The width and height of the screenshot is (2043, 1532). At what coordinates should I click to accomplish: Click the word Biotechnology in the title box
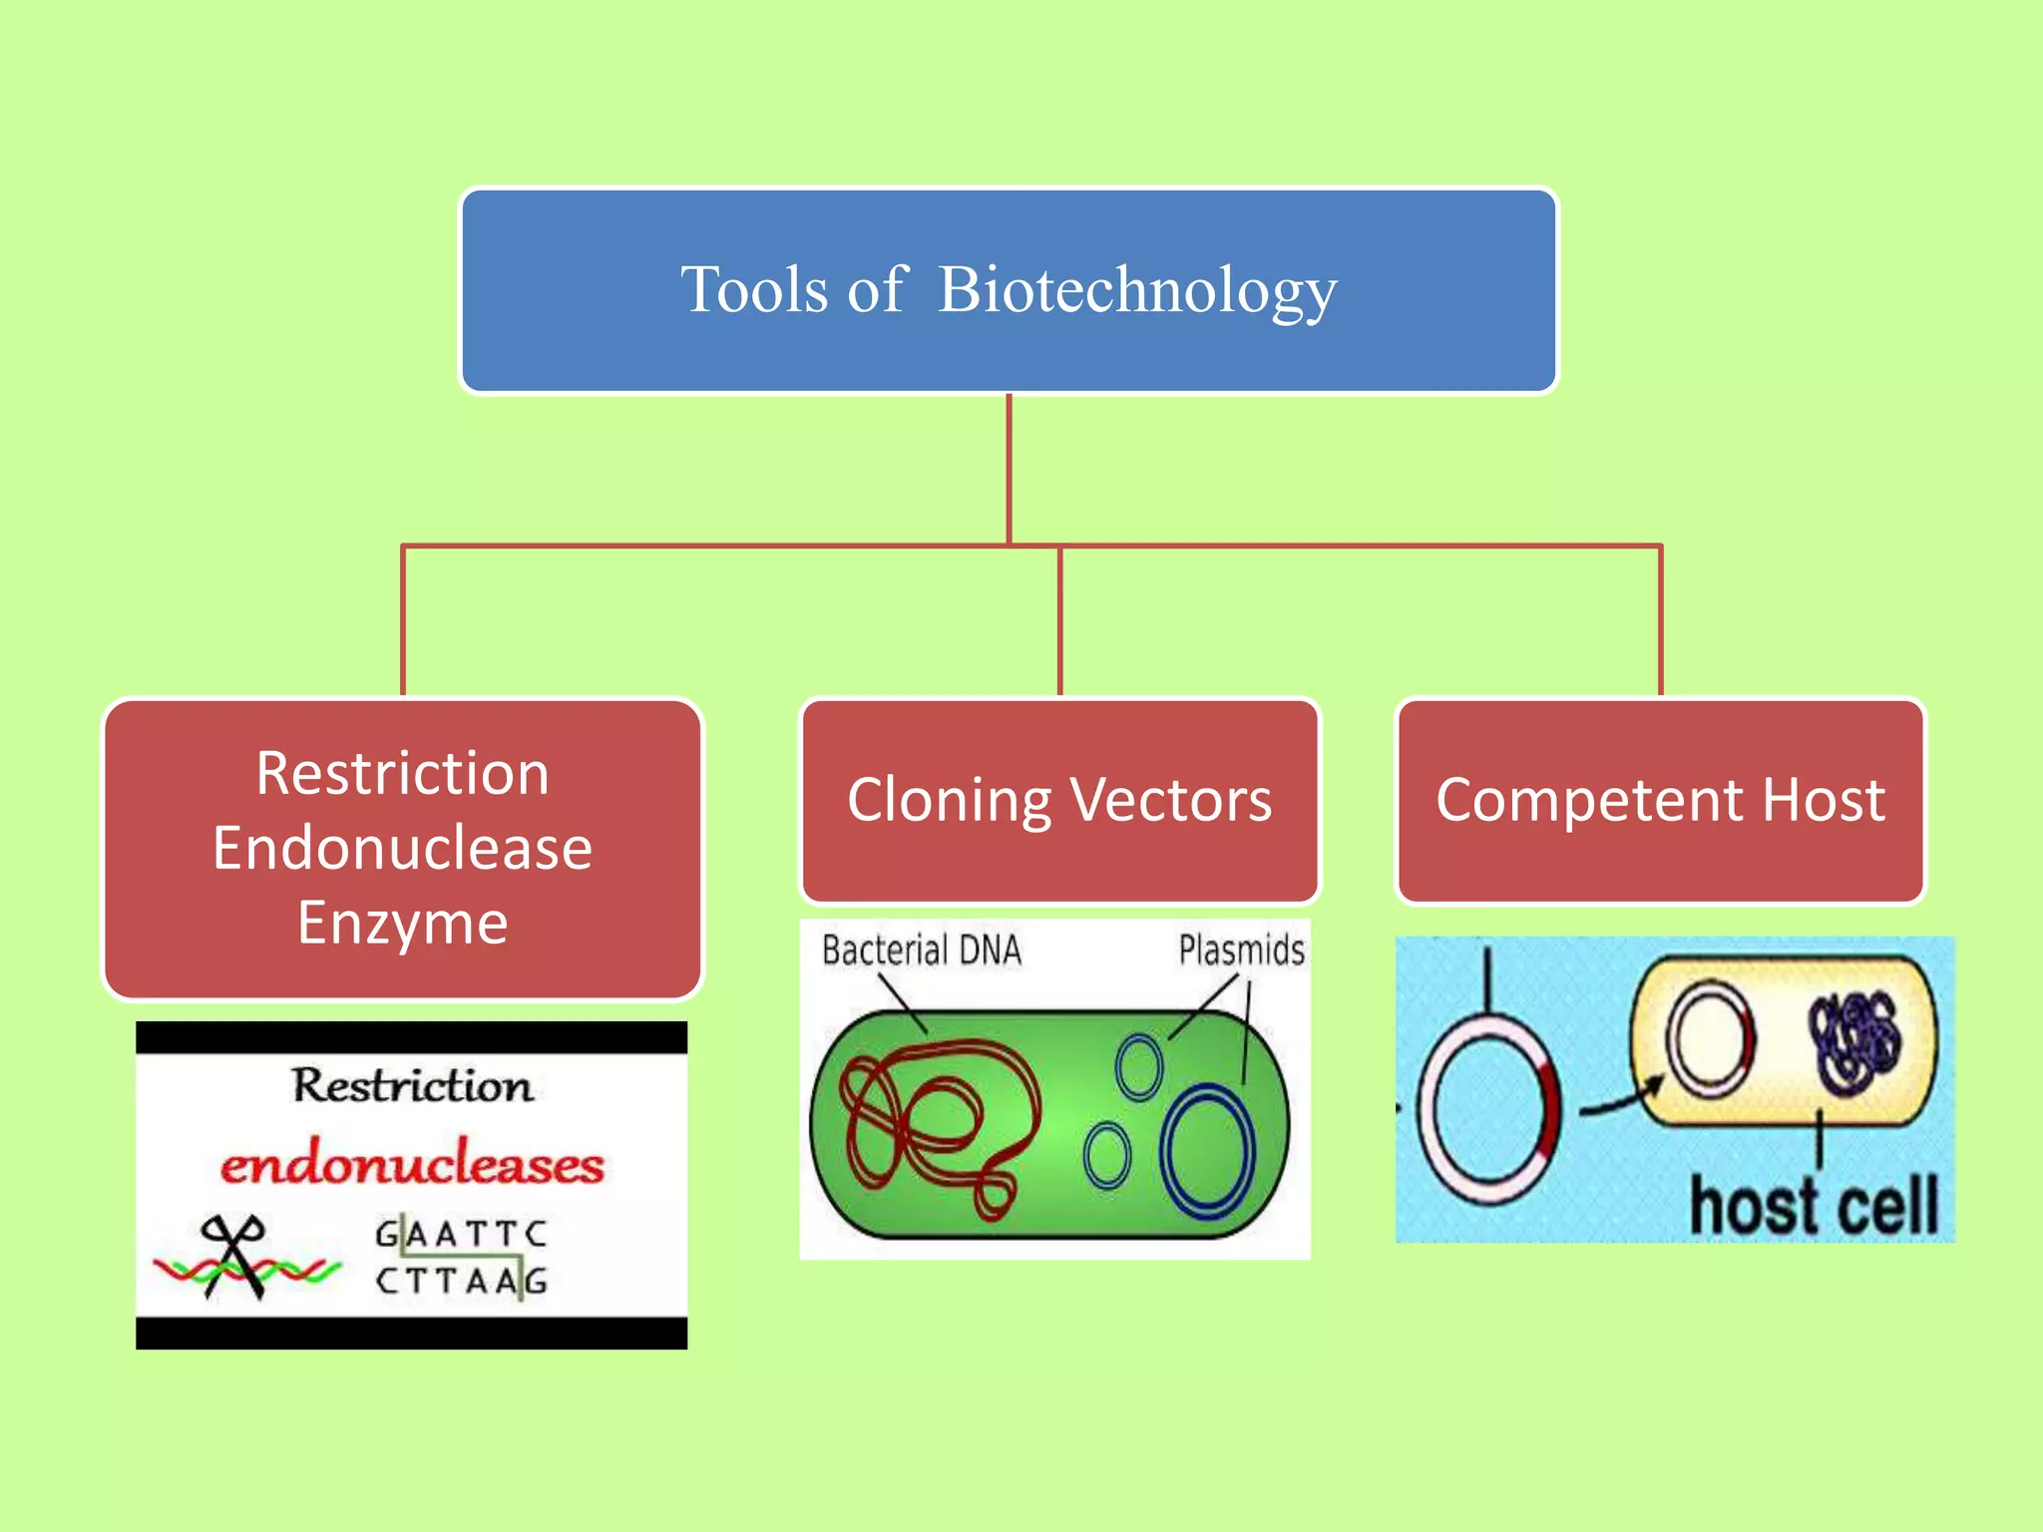pos(1137,291)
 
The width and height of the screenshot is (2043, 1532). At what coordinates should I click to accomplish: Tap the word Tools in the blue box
pos(754,291)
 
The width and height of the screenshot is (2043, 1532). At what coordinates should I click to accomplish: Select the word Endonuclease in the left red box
pos(402,849)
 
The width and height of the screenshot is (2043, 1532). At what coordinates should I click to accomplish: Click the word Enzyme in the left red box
pos(402,924)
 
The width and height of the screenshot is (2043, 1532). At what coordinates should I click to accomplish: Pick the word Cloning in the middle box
pos(949,801)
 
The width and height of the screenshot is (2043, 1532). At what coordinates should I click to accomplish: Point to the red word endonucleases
pos(412,1165)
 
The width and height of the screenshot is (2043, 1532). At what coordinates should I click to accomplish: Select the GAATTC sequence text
pos(461,1235)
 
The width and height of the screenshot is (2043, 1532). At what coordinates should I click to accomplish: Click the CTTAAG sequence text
pos(461,1281)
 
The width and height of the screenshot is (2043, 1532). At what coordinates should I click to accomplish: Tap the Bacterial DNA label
pos(921,951)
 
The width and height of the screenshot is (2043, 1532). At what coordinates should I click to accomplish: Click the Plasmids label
pos(1241,951)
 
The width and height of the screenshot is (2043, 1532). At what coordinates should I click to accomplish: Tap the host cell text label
pos(1813,1206)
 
